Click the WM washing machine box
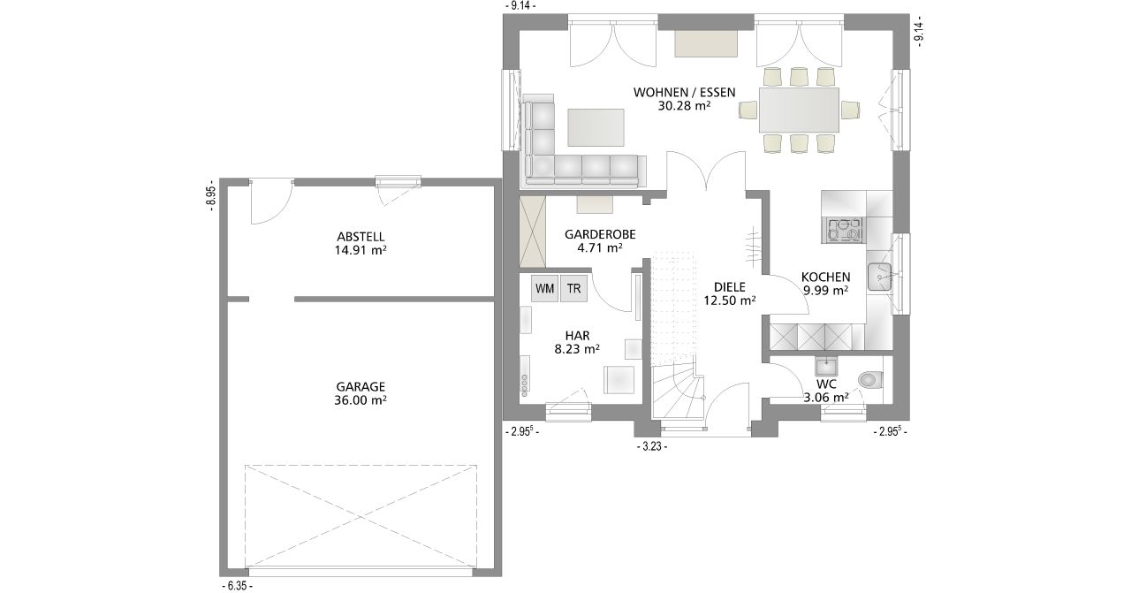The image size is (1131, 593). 544,288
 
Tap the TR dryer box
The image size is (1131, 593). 573,288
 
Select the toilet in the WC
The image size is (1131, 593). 870,379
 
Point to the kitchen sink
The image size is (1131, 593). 879,277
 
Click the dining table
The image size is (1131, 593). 799,110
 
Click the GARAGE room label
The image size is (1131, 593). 361,387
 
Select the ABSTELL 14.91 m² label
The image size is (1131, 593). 361,243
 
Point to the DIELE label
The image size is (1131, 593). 730,287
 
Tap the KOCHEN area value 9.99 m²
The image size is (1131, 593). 826,291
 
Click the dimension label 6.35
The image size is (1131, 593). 238,587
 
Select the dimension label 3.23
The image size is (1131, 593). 652,447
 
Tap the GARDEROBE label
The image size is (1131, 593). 600,234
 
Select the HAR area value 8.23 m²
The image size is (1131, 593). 577,349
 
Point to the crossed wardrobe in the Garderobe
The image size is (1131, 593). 533,232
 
